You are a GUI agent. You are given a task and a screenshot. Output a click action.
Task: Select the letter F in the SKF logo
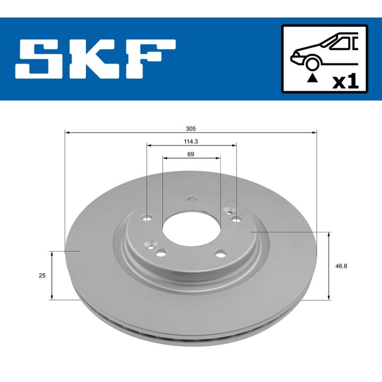(x=149, y=59)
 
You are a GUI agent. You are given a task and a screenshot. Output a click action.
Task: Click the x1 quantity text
(x=345, y=81)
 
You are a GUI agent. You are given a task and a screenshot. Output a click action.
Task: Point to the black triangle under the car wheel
(x=313, y=78)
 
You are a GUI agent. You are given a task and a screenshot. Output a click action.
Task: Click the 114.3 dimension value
(x=191, y=141)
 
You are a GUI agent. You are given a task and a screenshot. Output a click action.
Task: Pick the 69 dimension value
(x=191, y=154)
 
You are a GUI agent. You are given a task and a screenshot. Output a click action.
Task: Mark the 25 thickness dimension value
(x=42, y=275)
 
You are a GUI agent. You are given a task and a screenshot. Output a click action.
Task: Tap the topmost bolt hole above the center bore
(x=191, y=201)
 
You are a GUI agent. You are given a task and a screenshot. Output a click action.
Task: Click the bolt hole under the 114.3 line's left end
(x=147, y=217)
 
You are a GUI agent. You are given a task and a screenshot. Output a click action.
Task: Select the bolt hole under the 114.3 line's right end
(x=236, y=218)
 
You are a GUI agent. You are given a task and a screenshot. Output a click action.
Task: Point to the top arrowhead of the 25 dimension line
(x=51, y=254)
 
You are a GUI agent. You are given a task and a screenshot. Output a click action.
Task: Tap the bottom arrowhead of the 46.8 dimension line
(x=329, y=297)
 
